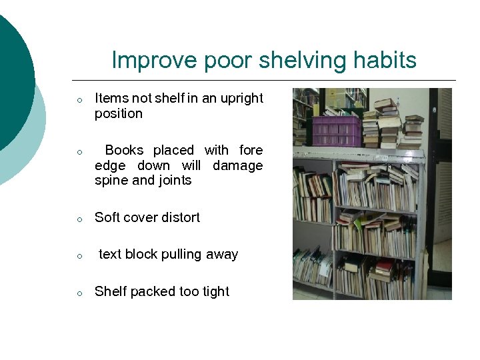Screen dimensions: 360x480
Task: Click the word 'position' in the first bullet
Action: (119, 114)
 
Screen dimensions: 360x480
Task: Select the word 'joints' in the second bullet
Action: (175, 181)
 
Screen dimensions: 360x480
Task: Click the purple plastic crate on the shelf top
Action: (336, 129)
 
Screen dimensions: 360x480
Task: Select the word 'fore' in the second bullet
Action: (251, 151)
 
